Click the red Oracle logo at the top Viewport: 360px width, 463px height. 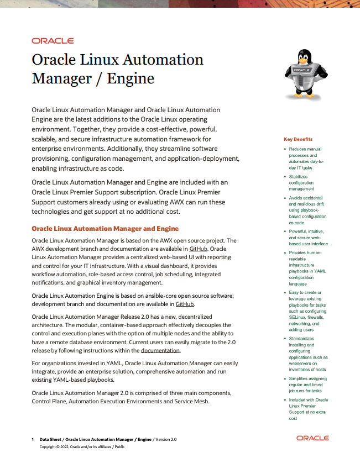(x=53, y=41)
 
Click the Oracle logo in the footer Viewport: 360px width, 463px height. (x=312, y=438)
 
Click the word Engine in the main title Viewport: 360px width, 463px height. (x=131, y=78)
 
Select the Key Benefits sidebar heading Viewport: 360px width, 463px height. (x=298, y=139)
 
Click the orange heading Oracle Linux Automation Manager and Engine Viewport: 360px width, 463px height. (x=105, y=228)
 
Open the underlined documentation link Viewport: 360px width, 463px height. (x=160, y=350)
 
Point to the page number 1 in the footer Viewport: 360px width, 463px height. (x=33, y=439)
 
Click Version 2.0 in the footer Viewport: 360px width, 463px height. (x=166, y=439)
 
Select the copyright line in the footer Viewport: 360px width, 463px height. (x=82, y=446)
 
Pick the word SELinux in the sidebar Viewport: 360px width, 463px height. (x=300, y=317)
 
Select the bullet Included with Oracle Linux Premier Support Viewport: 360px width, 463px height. (x=308, y=409)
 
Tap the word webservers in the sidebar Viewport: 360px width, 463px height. (x=301, y=363)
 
